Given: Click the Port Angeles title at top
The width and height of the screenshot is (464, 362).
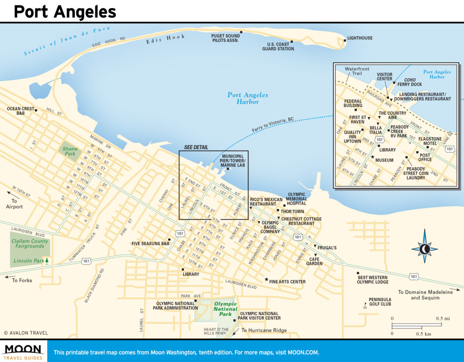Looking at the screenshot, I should (64, 12).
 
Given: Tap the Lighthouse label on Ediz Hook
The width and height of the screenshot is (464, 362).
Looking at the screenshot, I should (360, 38).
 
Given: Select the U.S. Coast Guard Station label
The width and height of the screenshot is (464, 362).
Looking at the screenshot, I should (278, 46).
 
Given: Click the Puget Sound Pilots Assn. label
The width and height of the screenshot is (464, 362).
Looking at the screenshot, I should (226, 38).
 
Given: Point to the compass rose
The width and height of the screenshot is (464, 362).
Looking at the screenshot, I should (424, 248).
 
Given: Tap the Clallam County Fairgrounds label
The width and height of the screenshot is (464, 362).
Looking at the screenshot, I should (30, 244).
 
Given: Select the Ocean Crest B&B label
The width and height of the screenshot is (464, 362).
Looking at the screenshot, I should (20, 111).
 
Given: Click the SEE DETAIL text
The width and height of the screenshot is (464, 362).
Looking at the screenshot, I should (196, 147).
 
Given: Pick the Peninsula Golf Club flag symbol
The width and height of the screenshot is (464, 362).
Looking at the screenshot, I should (366, 305).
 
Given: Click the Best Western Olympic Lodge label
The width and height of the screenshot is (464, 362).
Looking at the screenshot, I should (372, 279).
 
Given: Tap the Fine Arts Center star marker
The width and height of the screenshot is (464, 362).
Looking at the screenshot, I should (266, 279).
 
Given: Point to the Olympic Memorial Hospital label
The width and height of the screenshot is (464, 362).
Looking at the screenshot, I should (297, 199).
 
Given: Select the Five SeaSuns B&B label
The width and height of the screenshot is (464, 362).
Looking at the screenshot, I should (150, 243).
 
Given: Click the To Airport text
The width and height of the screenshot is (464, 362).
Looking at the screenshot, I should (14, 204).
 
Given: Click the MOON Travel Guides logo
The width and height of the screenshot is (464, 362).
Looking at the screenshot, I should (23, 351).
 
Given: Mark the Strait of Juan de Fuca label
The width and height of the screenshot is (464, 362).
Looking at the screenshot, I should (67, 41).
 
